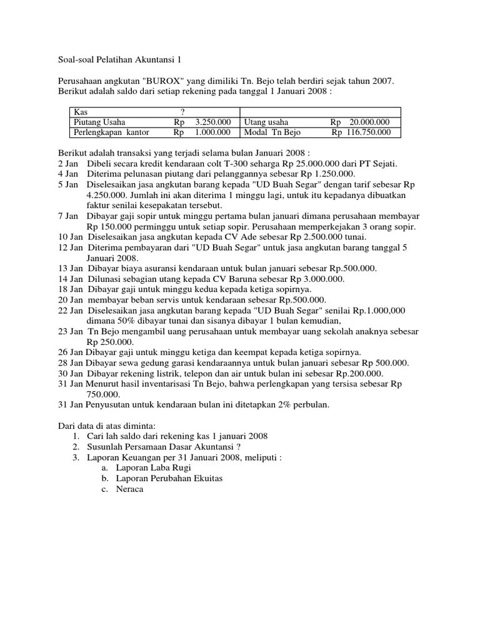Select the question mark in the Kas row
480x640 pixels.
click(x=182, y=111)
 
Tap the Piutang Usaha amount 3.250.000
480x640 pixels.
click(x=212, y=122)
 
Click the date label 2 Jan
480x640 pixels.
click(x=67, y=164)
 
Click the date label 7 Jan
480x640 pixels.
click(x=67, y=216)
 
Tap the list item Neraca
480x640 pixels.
click(x=130, y=489)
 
